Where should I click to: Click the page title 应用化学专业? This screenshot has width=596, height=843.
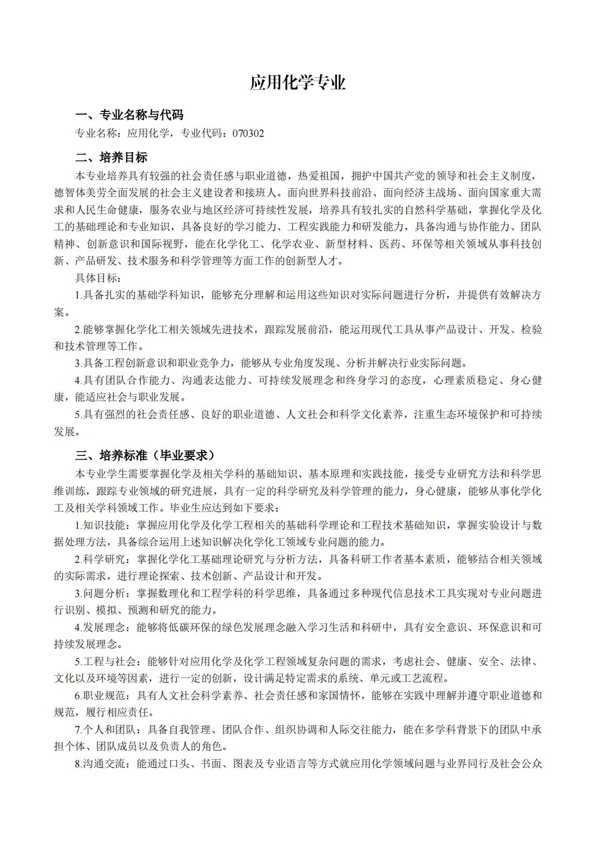pos(297,83)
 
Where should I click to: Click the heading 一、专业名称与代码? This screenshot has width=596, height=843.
pos(129,115)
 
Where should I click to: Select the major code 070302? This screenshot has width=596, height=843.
pos(248,133)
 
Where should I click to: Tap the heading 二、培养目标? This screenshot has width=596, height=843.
pos(111,158)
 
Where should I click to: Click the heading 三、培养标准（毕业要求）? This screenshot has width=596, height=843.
pos(145,455)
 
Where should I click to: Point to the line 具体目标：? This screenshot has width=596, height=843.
pos(98,278)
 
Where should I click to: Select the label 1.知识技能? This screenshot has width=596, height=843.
pos(100,525)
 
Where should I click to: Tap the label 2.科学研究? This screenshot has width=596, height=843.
pos(100,559)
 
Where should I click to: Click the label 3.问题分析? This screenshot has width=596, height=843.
pos(100,593)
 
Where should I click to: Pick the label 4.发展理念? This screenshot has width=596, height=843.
pos(100,627)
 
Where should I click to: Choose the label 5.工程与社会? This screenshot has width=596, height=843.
pos(104,661)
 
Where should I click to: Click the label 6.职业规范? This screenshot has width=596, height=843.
pos(100,695)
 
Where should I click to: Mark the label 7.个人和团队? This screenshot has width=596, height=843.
pos(104,729)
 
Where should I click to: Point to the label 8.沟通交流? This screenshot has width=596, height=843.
pos(100,764)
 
